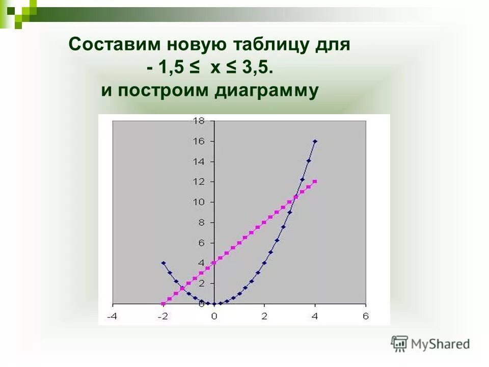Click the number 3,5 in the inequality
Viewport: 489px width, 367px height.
point(258,68)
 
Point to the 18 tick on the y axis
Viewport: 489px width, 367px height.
point(198,121)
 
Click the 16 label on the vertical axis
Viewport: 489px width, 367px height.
point(198,141)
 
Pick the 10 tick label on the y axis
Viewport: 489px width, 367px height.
point(198,202)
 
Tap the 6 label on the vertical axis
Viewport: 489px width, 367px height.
point(201,243)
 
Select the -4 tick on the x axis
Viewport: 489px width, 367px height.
point(112,316)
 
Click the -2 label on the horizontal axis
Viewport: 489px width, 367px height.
point(162,316)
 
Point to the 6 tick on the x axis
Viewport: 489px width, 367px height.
point(365,316)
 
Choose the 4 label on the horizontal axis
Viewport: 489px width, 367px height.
point(315,316)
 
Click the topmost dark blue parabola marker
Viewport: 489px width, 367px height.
point(315,141)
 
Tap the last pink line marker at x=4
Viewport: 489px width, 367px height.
point(315,181)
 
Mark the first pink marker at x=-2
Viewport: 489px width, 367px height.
point(163,304)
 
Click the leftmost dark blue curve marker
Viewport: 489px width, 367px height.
point(163,263)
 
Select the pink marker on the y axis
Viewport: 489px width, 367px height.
point(214,263)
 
